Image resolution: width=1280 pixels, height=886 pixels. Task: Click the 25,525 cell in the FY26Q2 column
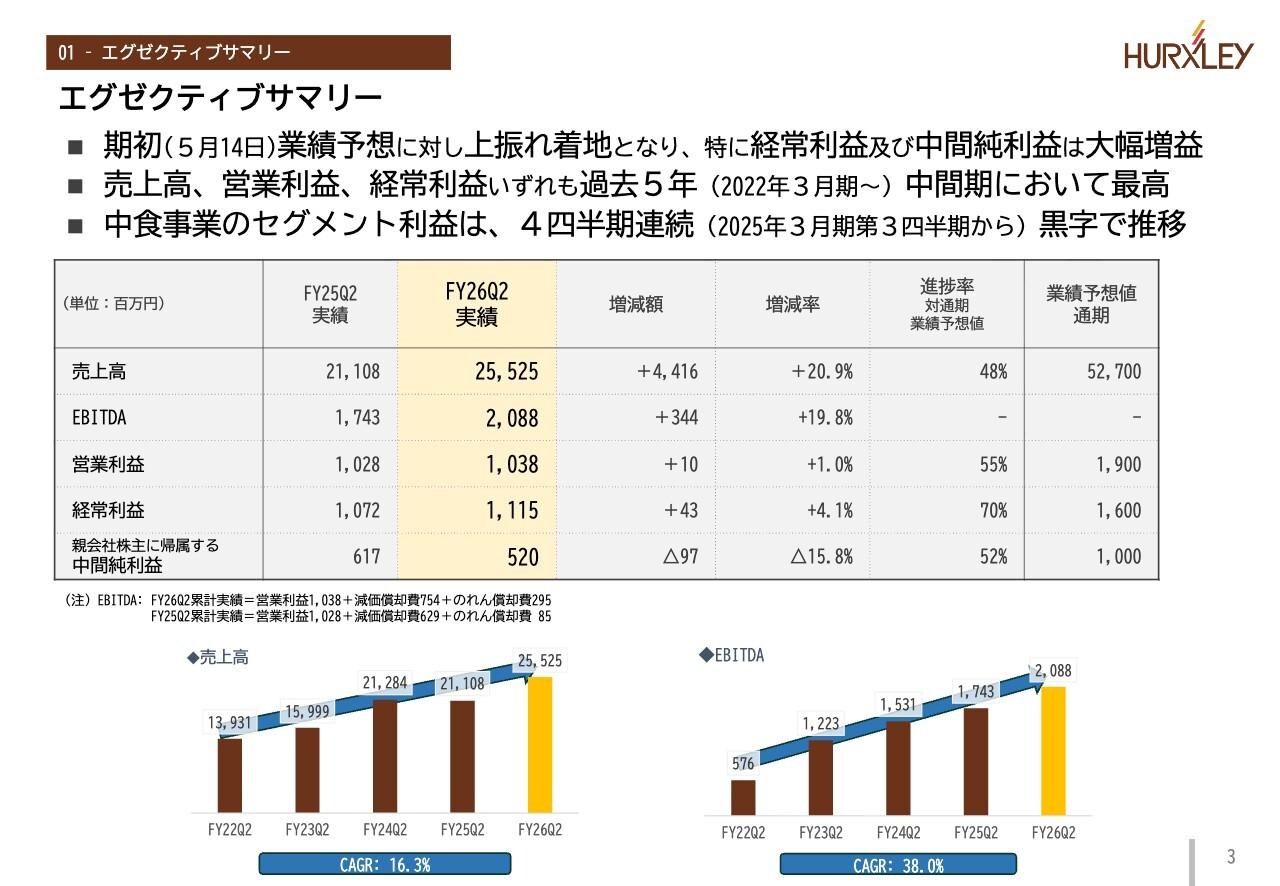click(506, 372)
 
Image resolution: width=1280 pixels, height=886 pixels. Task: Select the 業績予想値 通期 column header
click(1091, 304)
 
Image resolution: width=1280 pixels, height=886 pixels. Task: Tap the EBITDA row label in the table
click(99, 418)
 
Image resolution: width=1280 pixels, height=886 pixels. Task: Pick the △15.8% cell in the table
click(821, 557)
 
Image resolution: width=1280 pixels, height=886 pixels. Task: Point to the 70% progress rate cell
click(993, 511)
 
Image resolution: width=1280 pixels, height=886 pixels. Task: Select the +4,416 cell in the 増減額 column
click(667, 372)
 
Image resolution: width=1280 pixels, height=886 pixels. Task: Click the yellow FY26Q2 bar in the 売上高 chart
click(540, 744)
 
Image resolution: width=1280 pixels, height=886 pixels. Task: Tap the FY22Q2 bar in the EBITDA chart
click(743, 797)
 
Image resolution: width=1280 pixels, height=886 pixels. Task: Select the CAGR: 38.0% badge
click(897, 865)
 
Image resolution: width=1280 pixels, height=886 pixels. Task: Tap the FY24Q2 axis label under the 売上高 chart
click(384, 830)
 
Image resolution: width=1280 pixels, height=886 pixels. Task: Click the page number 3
click(1231, 857)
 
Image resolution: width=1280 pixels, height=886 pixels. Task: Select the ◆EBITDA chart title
click(731, 655)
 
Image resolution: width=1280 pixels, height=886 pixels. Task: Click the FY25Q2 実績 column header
click(330, 304)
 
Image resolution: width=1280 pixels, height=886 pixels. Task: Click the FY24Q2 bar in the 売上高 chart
click(385, 756)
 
